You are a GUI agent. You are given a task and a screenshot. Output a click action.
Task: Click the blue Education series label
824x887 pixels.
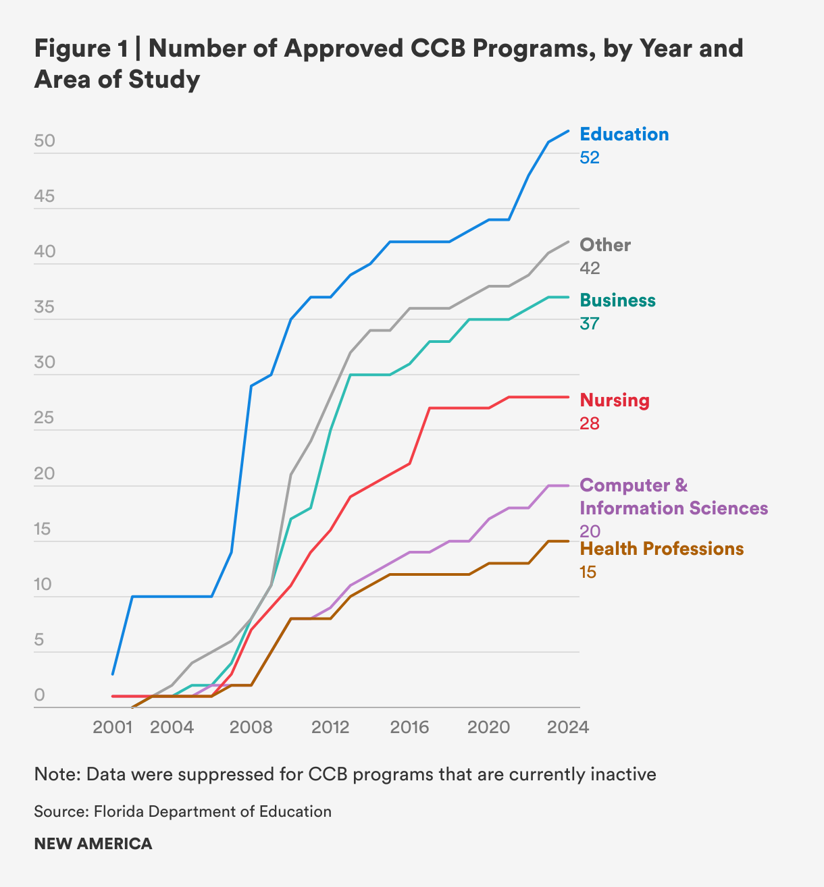click(x=624, y=134)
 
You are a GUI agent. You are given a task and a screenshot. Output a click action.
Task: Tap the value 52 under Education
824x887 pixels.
click(x=590, y=157)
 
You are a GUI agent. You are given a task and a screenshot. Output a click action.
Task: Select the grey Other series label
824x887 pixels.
click(x=605, y=245)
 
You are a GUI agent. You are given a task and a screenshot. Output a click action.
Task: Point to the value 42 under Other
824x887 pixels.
click(x=590, y=268)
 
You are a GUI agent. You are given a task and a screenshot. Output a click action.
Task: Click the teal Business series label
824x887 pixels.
click(x=617, y=300)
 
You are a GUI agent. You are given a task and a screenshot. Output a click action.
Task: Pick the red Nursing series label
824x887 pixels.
click(x=615, y=400)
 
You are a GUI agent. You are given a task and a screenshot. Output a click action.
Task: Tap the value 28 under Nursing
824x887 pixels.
click(x=590, y=423)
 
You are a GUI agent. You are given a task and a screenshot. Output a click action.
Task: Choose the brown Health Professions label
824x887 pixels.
click(x=662, y=549)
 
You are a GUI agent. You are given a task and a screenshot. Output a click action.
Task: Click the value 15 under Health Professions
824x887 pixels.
click(x=588, y=572)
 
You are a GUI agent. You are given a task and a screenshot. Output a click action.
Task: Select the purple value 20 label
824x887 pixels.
click(x=590, y=531)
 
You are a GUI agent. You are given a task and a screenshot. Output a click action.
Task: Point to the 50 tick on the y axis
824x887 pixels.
click(x=45, y=142)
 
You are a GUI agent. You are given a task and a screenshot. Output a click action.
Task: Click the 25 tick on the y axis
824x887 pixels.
click(x=45, y=419)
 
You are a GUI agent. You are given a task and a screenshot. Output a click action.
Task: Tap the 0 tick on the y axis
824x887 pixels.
click(x=39, y=695)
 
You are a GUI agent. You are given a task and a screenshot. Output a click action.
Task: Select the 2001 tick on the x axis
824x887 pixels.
click(x=112, y=727)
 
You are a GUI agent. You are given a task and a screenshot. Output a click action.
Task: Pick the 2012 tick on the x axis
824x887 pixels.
click(x=330, y=727)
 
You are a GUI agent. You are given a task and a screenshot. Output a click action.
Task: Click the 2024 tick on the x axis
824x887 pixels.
click(x=568, y=727)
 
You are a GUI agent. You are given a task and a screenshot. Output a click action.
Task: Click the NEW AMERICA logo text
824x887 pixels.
click(x=93, y=844)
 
